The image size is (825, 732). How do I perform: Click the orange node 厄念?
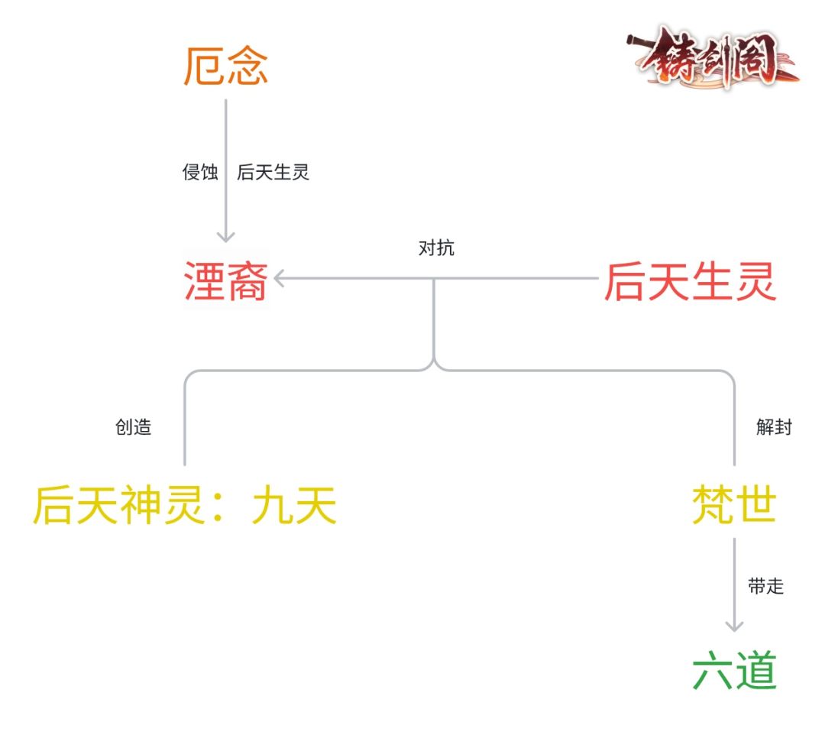coord(225,66)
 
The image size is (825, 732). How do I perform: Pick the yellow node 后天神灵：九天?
coord(185,505)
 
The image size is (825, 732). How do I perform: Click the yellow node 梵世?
coord(734,504)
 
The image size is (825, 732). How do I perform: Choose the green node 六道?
coord(734,670)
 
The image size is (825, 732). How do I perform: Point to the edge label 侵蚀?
coord(200,172)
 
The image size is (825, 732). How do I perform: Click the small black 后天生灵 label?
coord(273,172)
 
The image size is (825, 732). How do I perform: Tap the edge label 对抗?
coord(436,248)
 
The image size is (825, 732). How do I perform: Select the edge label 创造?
coord(133,427)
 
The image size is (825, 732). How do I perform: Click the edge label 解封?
coord(774,427)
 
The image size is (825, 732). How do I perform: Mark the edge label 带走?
coord(766,586)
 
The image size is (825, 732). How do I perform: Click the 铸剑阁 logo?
coord(713,57)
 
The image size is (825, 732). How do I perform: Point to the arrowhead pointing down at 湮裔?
coord(225,236)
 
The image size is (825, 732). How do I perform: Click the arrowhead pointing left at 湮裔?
coord(280,278)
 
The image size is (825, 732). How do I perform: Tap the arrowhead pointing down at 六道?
coord(734,626)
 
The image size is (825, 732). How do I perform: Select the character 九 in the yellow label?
coord(272,505)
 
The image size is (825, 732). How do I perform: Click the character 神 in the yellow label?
coord(141,505)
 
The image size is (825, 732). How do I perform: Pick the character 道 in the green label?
coord(756,670)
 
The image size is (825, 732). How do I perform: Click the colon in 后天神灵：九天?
coord(219,507)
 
